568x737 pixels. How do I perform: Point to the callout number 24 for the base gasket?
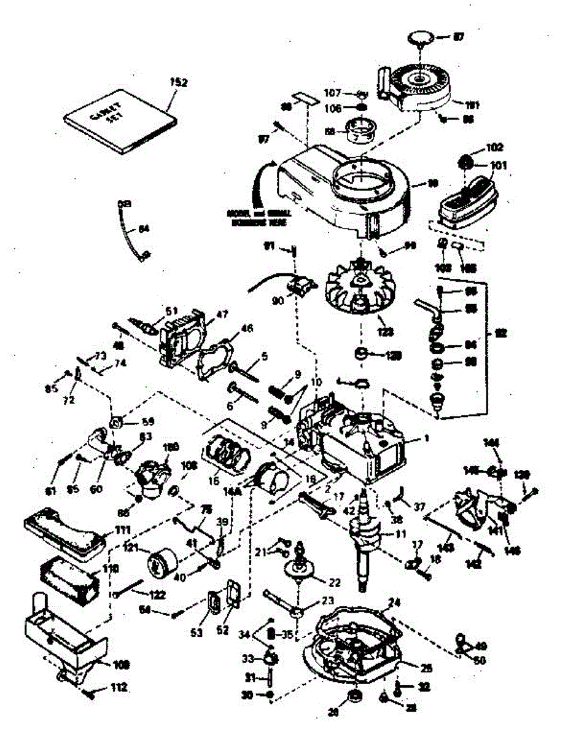[394, 602]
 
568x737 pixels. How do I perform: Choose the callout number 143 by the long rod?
[448, 547]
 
